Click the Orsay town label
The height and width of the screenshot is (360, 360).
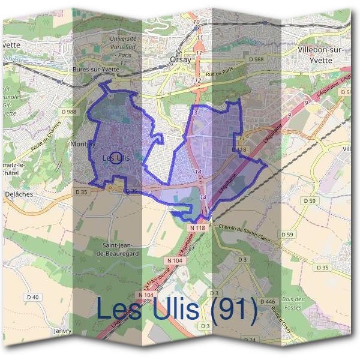pos(180,59)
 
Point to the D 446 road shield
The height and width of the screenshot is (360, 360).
pos(269,301)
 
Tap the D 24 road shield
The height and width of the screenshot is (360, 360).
pos(250,340)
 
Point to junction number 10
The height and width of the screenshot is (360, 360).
pos(196,23)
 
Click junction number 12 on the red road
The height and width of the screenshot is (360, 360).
pos(197,80)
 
